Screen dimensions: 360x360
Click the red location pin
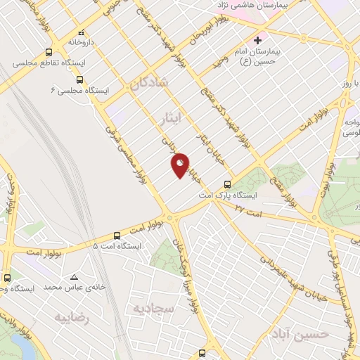tap(180, 165)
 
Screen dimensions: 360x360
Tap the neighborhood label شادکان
tap(149, 83)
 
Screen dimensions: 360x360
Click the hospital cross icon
tap(258, 40)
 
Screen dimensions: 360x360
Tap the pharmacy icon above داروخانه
tap(82, 32)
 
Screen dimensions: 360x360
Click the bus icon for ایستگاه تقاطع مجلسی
tap(49, 51)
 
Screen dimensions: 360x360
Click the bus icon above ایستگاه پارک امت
tap(226, 184)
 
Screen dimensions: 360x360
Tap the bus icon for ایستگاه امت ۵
tap(117, 236)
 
